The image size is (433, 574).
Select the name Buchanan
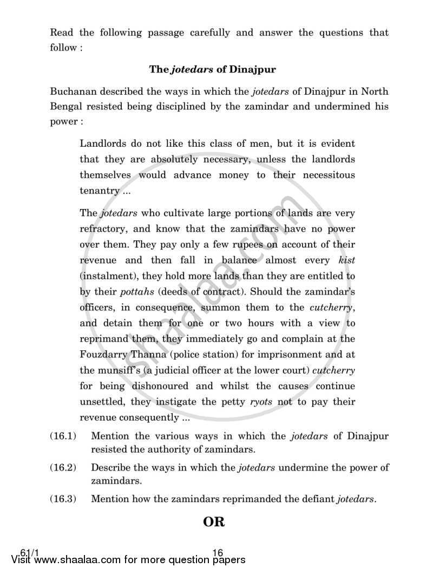pyautogui.click(x=73, y=91)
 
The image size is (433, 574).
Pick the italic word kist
pyautogui.click(x=346, y=260)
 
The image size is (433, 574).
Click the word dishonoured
pyautogui.click(x=150, y=386)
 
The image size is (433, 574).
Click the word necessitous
pyautogui.click(x=323, y=175)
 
